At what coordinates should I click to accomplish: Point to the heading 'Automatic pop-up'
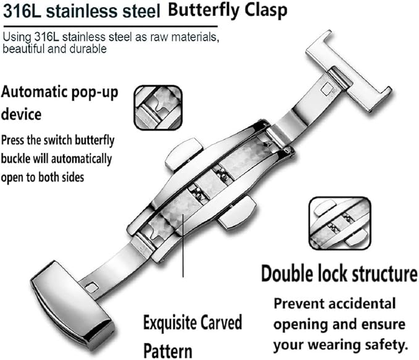pyautogui.click(x=68, y=93)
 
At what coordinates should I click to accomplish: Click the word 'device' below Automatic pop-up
pyautogui.click(x=22, y=114)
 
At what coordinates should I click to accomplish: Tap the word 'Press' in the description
pyautogui.click(x=16, y=140)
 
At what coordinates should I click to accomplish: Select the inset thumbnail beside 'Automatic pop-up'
pyautogui.click(x=157, y=107)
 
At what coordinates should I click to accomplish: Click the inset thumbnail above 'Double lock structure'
pyautogui.click(x=339, y=222)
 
